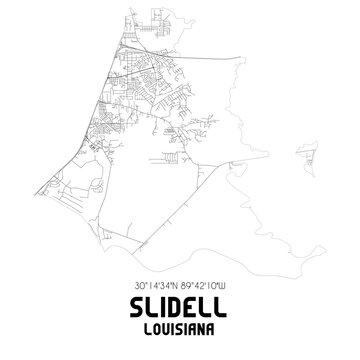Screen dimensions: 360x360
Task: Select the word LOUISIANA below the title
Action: [x=180, y=326]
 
